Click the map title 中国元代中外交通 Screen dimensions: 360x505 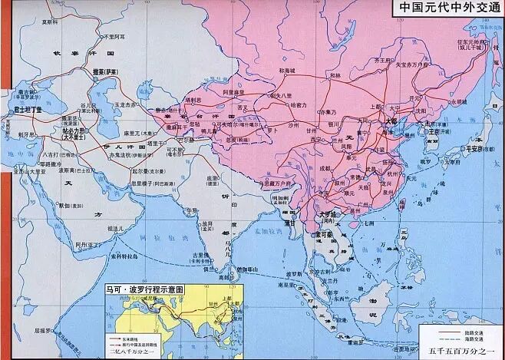coord(444,8)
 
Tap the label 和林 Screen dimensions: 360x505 coord(334,76)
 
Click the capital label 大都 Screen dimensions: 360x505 coord(391,121)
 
